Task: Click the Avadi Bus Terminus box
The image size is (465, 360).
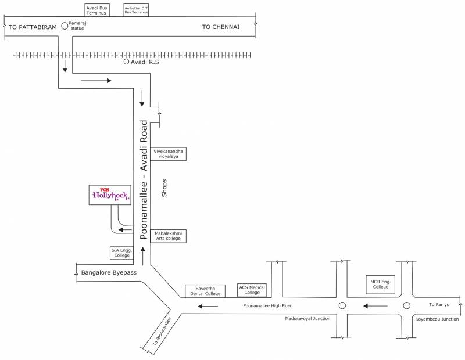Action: tap(96, 10)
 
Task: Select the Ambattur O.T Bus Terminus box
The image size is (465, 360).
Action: tap(136, 10)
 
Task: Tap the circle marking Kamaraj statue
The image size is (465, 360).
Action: tap(65, 25)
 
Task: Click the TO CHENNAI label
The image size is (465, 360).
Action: tap(220, 27)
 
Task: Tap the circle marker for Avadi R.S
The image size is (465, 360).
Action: tap(126, 62)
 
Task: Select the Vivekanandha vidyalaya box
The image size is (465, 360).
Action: tap(169, 153)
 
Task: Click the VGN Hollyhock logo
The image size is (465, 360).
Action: tap(109, 196)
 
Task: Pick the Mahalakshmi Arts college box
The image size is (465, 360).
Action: tap(169, 236)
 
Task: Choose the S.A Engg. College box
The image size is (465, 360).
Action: tap(122, 253)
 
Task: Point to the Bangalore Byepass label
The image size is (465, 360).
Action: tap(109, 272)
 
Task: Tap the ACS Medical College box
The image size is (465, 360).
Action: tap(252, 290)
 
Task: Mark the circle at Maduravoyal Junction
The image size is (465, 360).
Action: tap(342, 305)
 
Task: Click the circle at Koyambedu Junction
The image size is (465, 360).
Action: tap(407, 305)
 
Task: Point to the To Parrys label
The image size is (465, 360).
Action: tap(439, 304)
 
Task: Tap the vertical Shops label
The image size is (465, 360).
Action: tap(164, 188)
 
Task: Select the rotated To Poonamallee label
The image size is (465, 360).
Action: tap(162, 332)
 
